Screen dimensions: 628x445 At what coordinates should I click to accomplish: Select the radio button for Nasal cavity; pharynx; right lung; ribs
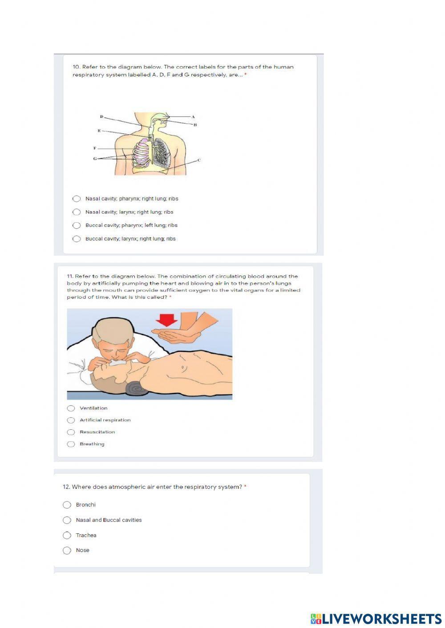[x=77, y=199]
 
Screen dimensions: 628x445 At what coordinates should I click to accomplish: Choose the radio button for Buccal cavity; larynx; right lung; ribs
[x=77, y=239]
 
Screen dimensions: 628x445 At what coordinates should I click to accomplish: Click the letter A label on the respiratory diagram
[x=193, y=117]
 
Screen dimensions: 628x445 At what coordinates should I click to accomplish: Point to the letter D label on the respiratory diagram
[x=101, y=117]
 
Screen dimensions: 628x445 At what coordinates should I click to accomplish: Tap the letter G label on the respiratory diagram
[x=95, y=159]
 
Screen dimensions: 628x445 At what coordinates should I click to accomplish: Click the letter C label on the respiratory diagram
[x=199, y=160]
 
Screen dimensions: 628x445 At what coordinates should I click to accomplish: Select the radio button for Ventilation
[x=71, y=408]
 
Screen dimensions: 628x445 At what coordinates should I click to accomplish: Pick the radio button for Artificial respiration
[x=71, y=420]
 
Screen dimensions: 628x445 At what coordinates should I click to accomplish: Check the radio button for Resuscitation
[x=71, y=432]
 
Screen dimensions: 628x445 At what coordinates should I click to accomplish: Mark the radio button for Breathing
[x=71, y=444]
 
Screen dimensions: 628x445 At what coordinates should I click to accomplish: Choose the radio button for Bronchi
[x=67, y=505]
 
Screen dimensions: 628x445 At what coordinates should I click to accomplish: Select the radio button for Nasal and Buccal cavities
[x=67, y=520]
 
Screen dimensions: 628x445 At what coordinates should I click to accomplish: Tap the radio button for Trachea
[x=67, y=535]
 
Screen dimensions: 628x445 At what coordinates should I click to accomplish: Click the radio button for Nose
[x=67, y=550]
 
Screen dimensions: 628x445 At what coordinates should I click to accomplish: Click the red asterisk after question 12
[x=245, y=487]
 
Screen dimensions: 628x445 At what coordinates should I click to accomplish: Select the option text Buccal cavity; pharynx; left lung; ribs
[x=131, y=225]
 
